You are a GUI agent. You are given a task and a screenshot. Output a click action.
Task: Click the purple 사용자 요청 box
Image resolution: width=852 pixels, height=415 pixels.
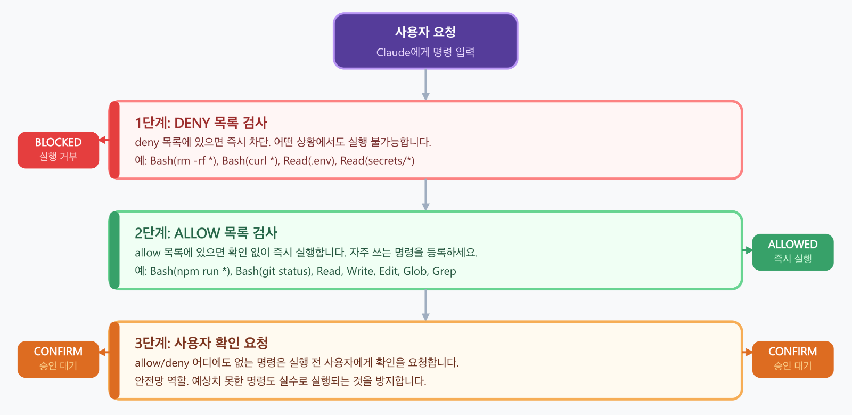tap(425, 41)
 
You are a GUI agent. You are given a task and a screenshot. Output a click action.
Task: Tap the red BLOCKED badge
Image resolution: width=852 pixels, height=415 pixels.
tap(58, 150)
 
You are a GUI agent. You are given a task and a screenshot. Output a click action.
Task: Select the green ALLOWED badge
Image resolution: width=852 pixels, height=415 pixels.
tap(792, 252)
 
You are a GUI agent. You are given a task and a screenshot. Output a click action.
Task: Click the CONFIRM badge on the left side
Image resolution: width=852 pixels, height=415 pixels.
tap(58, 359)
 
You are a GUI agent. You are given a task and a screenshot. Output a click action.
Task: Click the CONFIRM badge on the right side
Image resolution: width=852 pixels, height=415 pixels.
tap(792, 359)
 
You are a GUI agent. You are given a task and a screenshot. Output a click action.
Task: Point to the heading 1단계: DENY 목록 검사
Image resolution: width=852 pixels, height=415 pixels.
tap(201, 123)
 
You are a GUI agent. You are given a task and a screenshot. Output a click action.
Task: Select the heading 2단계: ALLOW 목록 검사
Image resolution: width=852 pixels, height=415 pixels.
tap(206, 233)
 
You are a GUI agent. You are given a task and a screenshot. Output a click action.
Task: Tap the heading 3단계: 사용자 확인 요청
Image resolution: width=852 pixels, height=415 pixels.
tap(201, 343)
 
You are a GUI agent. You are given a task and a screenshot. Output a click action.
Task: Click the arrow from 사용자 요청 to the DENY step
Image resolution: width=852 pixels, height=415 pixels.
tap(425, 84)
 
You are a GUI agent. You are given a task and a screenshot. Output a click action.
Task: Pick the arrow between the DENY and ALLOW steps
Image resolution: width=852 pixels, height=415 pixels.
tap(425, 195)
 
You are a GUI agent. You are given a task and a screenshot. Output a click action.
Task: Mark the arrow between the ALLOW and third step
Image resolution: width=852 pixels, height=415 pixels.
tap(425, 305)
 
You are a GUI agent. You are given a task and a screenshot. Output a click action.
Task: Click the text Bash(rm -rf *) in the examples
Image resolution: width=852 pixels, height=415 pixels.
tap(183, 161)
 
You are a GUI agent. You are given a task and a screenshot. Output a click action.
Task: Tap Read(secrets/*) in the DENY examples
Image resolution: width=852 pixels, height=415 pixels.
tap(377, 161)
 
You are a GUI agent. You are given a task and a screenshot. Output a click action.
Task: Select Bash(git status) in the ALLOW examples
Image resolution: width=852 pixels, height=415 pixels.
tap(273, 271)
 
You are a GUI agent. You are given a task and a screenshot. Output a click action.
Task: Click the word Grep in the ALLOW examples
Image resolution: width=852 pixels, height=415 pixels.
tap(444, 271)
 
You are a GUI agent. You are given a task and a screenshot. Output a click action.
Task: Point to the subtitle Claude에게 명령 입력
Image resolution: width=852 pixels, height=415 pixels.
tap(425, 52)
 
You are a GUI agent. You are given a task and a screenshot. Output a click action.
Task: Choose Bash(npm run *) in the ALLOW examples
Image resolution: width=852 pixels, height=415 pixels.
tap(190, 271)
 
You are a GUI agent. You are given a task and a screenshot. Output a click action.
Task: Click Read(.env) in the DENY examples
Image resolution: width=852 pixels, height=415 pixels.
tap(308, 161)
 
